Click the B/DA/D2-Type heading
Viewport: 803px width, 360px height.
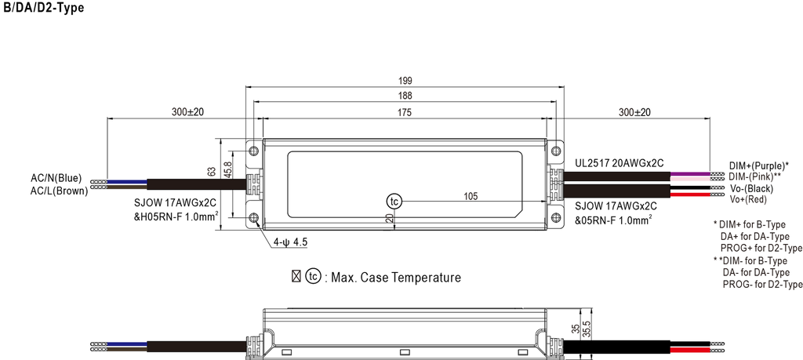pyautogui.click(x=43, y=8)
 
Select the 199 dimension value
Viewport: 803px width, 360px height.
pyautogui.click(x=405, y=81)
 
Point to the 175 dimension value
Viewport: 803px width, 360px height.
pyautogui.click(x=405, y=113)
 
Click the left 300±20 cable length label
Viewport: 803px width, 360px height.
pyautogui.click(x=187, y=113)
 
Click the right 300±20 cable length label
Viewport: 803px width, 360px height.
pyautogui.click(x=634, y=113)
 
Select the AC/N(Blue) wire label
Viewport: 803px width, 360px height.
pyautogui.click(x=56, y=178)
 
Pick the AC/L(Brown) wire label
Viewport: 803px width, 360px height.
pyautogui.click(x=58, y=191)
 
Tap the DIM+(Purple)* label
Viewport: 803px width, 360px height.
pyautogui.click(x=758, y=166)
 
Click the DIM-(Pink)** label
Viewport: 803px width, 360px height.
pyautogui.click(x=754, y=177)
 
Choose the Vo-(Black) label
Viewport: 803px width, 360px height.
pyautogui.click(x=751, y=189)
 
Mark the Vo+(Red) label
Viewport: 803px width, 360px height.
pyautogui.click(x=749, y=200)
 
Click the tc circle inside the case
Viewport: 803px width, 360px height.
pyautogui.click(x=394, y=201)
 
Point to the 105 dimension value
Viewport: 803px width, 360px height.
pyautogui.click(x=471, y=195)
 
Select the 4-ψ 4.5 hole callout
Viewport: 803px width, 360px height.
pyautogui.click(x=289, y=243)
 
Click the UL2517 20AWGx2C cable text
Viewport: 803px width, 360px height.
pyautogui.click(x=620, y=163)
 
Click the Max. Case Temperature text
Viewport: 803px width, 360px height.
pyautogui.click(x=396, y=278)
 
